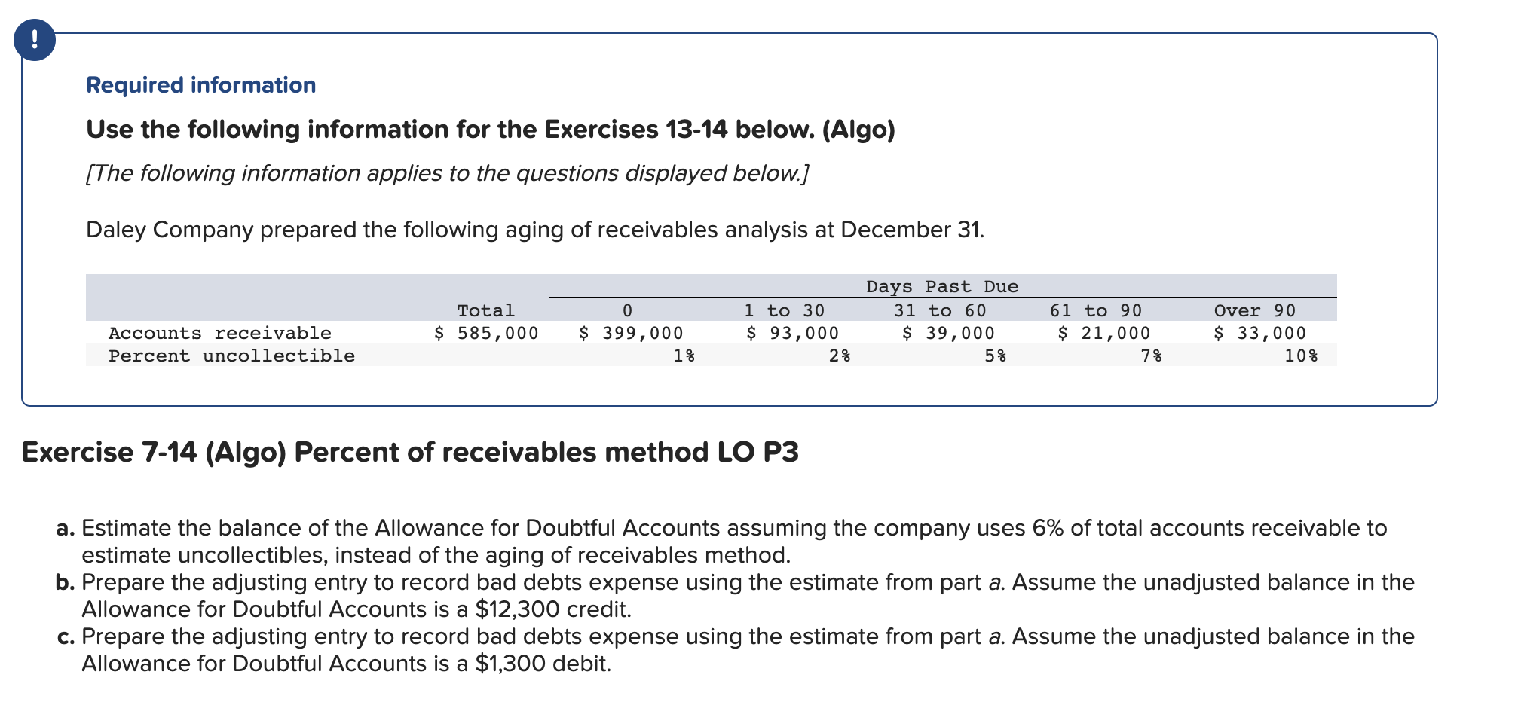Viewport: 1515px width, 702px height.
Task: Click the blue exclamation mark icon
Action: tap(34, 40)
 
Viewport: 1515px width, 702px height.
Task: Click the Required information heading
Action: tap(200, 85)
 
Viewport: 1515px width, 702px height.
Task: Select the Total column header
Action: tap(485, 310)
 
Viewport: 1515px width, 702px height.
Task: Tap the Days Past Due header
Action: tap(941, 287)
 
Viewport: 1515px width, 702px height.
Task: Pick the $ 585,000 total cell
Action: tap(486, 333)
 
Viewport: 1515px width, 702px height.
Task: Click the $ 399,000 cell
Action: tap(631, 333)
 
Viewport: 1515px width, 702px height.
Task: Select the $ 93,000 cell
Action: tap(792, 333)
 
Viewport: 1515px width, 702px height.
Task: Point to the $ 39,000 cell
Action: tap(948, 333)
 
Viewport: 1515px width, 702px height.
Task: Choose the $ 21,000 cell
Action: tap(1104, 333)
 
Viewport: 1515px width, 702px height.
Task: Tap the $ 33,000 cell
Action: tap(1259, 333)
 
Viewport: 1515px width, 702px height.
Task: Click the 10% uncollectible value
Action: tap(1301, 356)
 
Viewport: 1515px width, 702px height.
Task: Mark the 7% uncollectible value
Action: tap(1151, 356)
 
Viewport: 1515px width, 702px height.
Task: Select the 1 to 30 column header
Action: tap(784, 310)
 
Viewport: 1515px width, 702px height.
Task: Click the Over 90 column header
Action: tap(1254, 310)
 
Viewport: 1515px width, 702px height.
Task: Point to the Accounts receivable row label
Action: tap(219, 333)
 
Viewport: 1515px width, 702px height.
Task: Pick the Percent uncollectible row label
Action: tap(231, 356)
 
